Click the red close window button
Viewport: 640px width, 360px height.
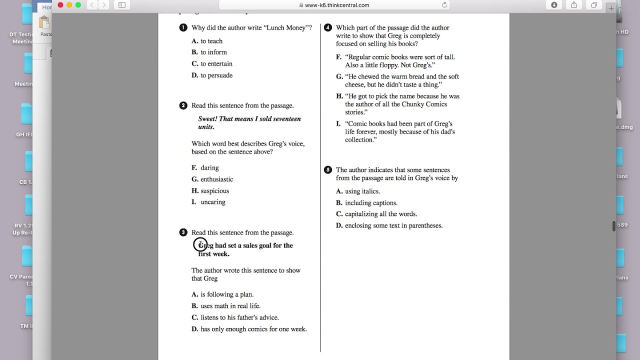pyautogui.click(x=60, y=5)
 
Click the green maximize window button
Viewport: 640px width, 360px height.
pyautogui.click(x=78, y=5)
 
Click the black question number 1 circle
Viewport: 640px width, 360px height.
pyautogui.click(x=183, y=28)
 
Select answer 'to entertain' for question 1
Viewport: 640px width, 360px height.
pyautogui.click(x=216, y=64)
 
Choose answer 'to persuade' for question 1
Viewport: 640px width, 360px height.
pyautogui.click(x=216, y=75)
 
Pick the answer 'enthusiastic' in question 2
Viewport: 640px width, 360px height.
pyautogui.click(x=216, y=179)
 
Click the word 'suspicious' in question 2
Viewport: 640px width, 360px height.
pyautogui.click(x=214, y=191)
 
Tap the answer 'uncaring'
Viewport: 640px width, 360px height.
pyautogui.click(x=212, y=202)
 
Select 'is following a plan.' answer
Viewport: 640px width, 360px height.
pyautogui.click(x=226, y=294)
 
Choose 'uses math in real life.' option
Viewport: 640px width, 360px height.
pyautogui.click(x=230, y=306)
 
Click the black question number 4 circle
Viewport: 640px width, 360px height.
pyautogui.click(x=328, y=28)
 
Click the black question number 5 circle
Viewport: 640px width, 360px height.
pyautogui.click(x=328, y=170)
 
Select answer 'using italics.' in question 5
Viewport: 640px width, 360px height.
pyautogui.click(x=362, y=191)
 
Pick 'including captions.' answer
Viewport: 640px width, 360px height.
pyautogui.click(x=371, y=203)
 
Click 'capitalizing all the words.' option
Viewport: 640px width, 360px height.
pyautogui.click(x=380, y=214)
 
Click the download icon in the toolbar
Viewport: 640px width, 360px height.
pyautogui.click(x=554, y=5)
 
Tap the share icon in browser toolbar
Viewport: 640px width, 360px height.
pyautogui.click(x=574, y=5)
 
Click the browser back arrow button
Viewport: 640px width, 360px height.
pyautogui.click(x=92, y=5)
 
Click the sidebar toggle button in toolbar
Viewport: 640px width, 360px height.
pyautogui.click(x=121, y=5)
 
